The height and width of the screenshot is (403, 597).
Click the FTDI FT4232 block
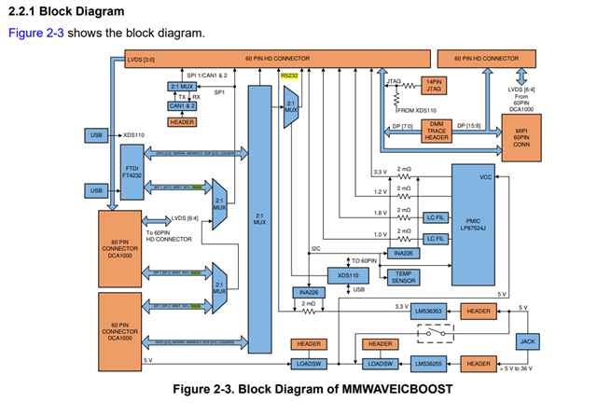132,174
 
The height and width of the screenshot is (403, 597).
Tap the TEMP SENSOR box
404,277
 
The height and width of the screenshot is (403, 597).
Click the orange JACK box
528,341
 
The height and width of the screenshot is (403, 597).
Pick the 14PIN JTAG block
433,85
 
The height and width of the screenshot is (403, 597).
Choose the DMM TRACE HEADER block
434,130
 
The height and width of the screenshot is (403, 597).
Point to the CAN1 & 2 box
182,106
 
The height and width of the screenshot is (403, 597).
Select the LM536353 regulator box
433,311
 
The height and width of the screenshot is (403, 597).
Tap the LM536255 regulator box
433,364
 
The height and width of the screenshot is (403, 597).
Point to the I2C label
316,249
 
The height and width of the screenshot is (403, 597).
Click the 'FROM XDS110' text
416,110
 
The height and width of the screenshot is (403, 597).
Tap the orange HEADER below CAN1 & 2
182,122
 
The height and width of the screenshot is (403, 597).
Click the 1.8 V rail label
379,213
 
